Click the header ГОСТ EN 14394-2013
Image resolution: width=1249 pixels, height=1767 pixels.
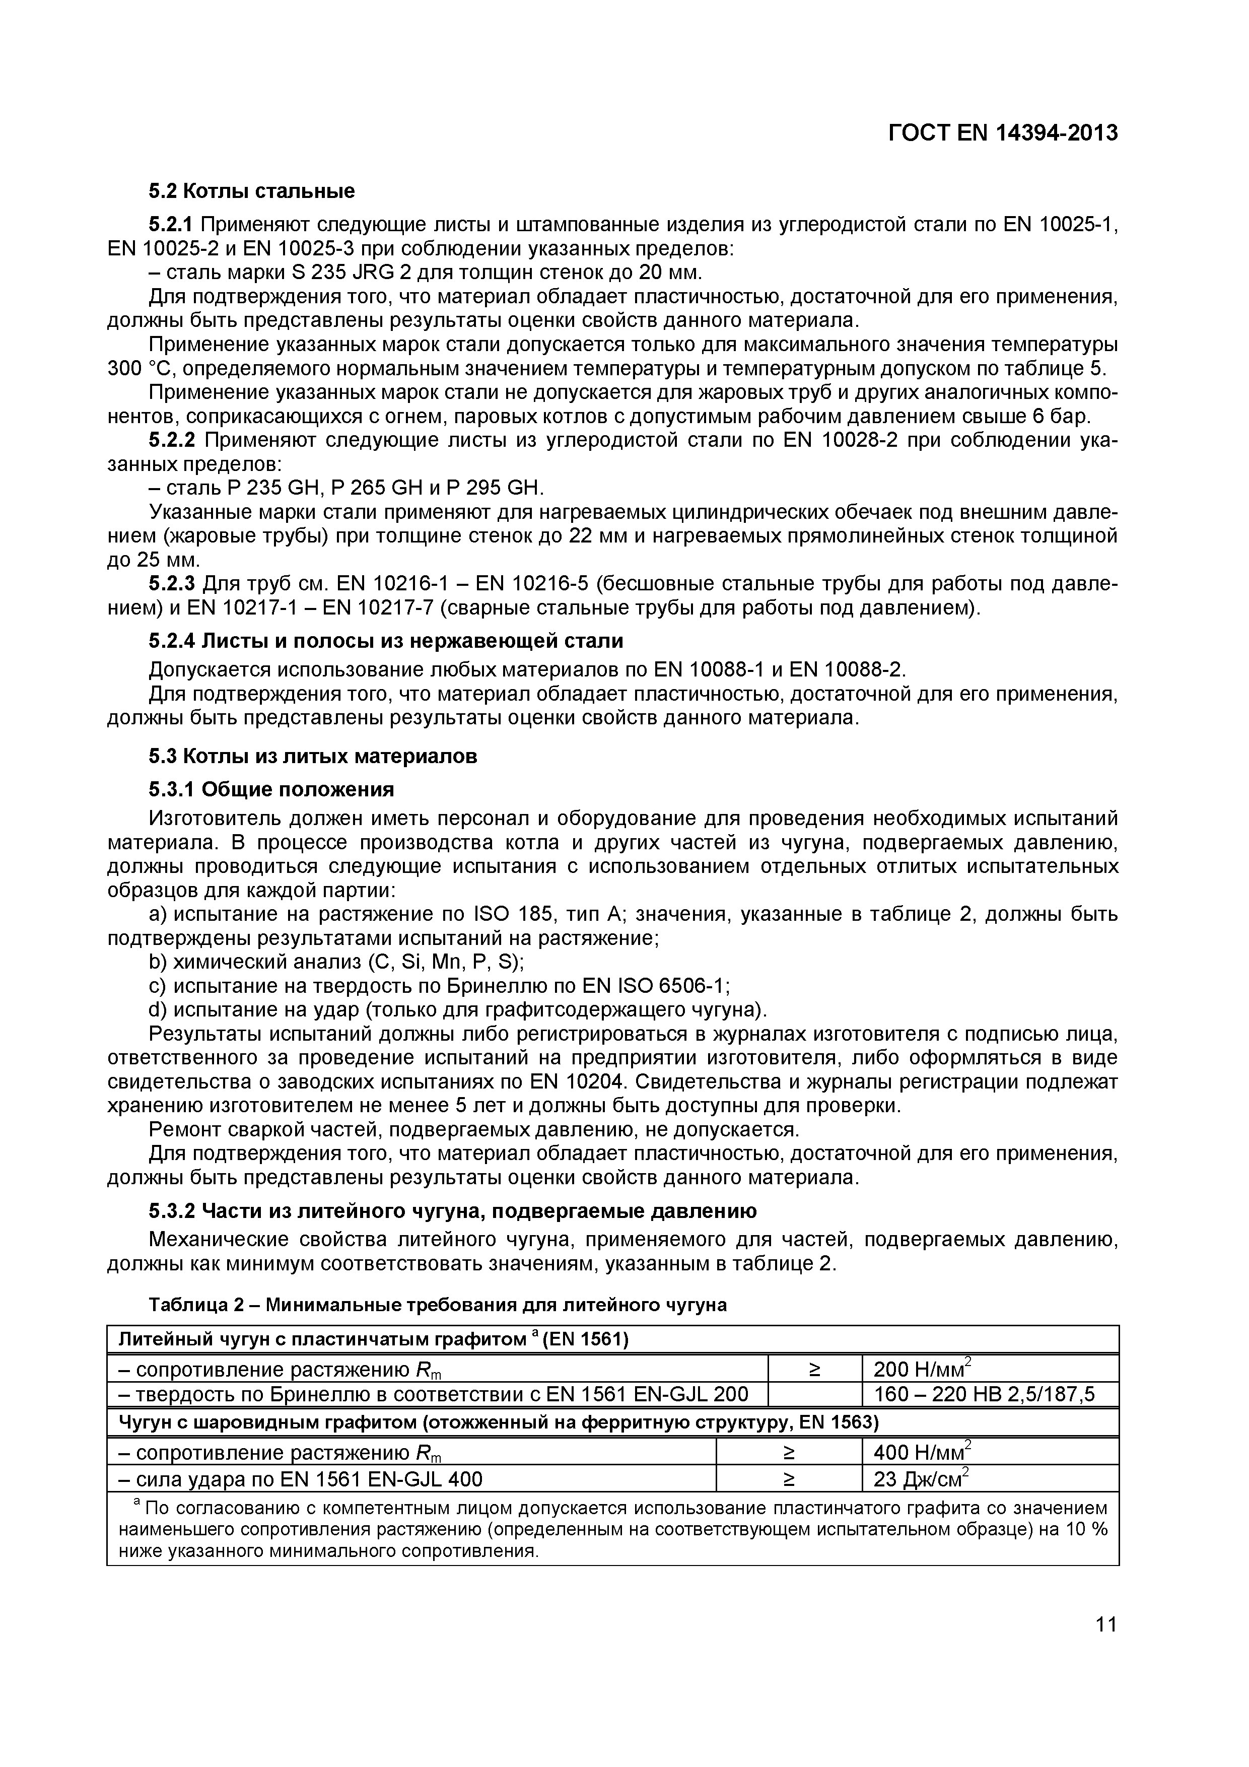point(1002,133)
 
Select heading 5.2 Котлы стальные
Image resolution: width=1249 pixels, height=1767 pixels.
point(252,191)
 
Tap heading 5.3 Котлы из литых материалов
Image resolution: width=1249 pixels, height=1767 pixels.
point(312,757)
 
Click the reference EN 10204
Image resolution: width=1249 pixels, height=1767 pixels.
point(571,1082)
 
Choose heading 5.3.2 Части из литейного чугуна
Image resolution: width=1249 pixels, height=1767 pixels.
point(452,1211)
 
